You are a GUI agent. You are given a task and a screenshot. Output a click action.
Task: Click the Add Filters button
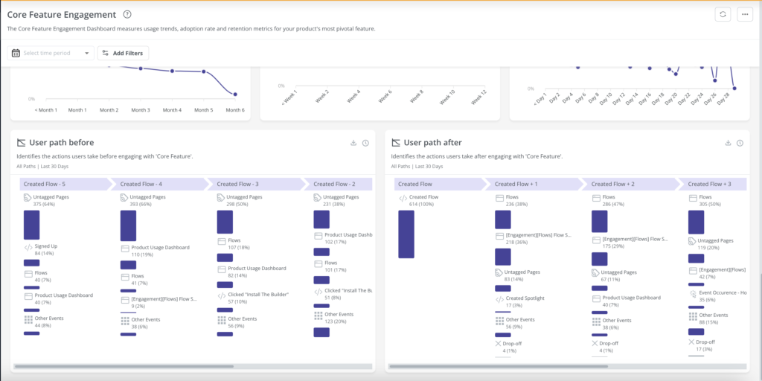click(x=124, y=53)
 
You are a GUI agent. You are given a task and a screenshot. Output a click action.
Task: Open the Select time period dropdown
click(x=51, y=53)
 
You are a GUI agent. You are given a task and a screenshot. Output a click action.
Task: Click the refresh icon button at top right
click(x=722, y=15)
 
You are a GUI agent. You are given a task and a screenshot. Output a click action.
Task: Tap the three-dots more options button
click(x=744, y=15)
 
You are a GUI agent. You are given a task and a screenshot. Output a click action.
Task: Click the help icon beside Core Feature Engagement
click(x=127, y=15)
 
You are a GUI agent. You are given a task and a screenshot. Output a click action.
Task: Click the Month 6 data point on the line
click(x=234, y=95)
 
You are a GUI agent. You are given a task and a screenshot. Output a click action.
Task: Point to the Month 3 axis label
click(x=140, y=110)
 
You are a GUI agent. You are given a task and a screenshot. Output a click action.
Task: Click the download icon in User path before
click(x=353, y=143)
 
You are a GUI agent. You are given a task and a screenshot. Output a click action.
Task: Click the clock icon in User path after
click(x=740, y=143)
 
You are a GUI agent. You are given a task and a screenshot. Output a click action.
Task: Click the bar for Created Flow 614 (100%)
click(x=406, y=234)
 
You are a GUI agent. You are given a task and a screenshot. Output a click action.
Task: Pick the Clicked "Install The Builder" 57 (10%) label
click(x=257, y=298)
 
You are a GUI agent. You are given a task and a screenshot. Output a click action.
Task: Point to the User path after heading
click(x=434, y=142)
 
